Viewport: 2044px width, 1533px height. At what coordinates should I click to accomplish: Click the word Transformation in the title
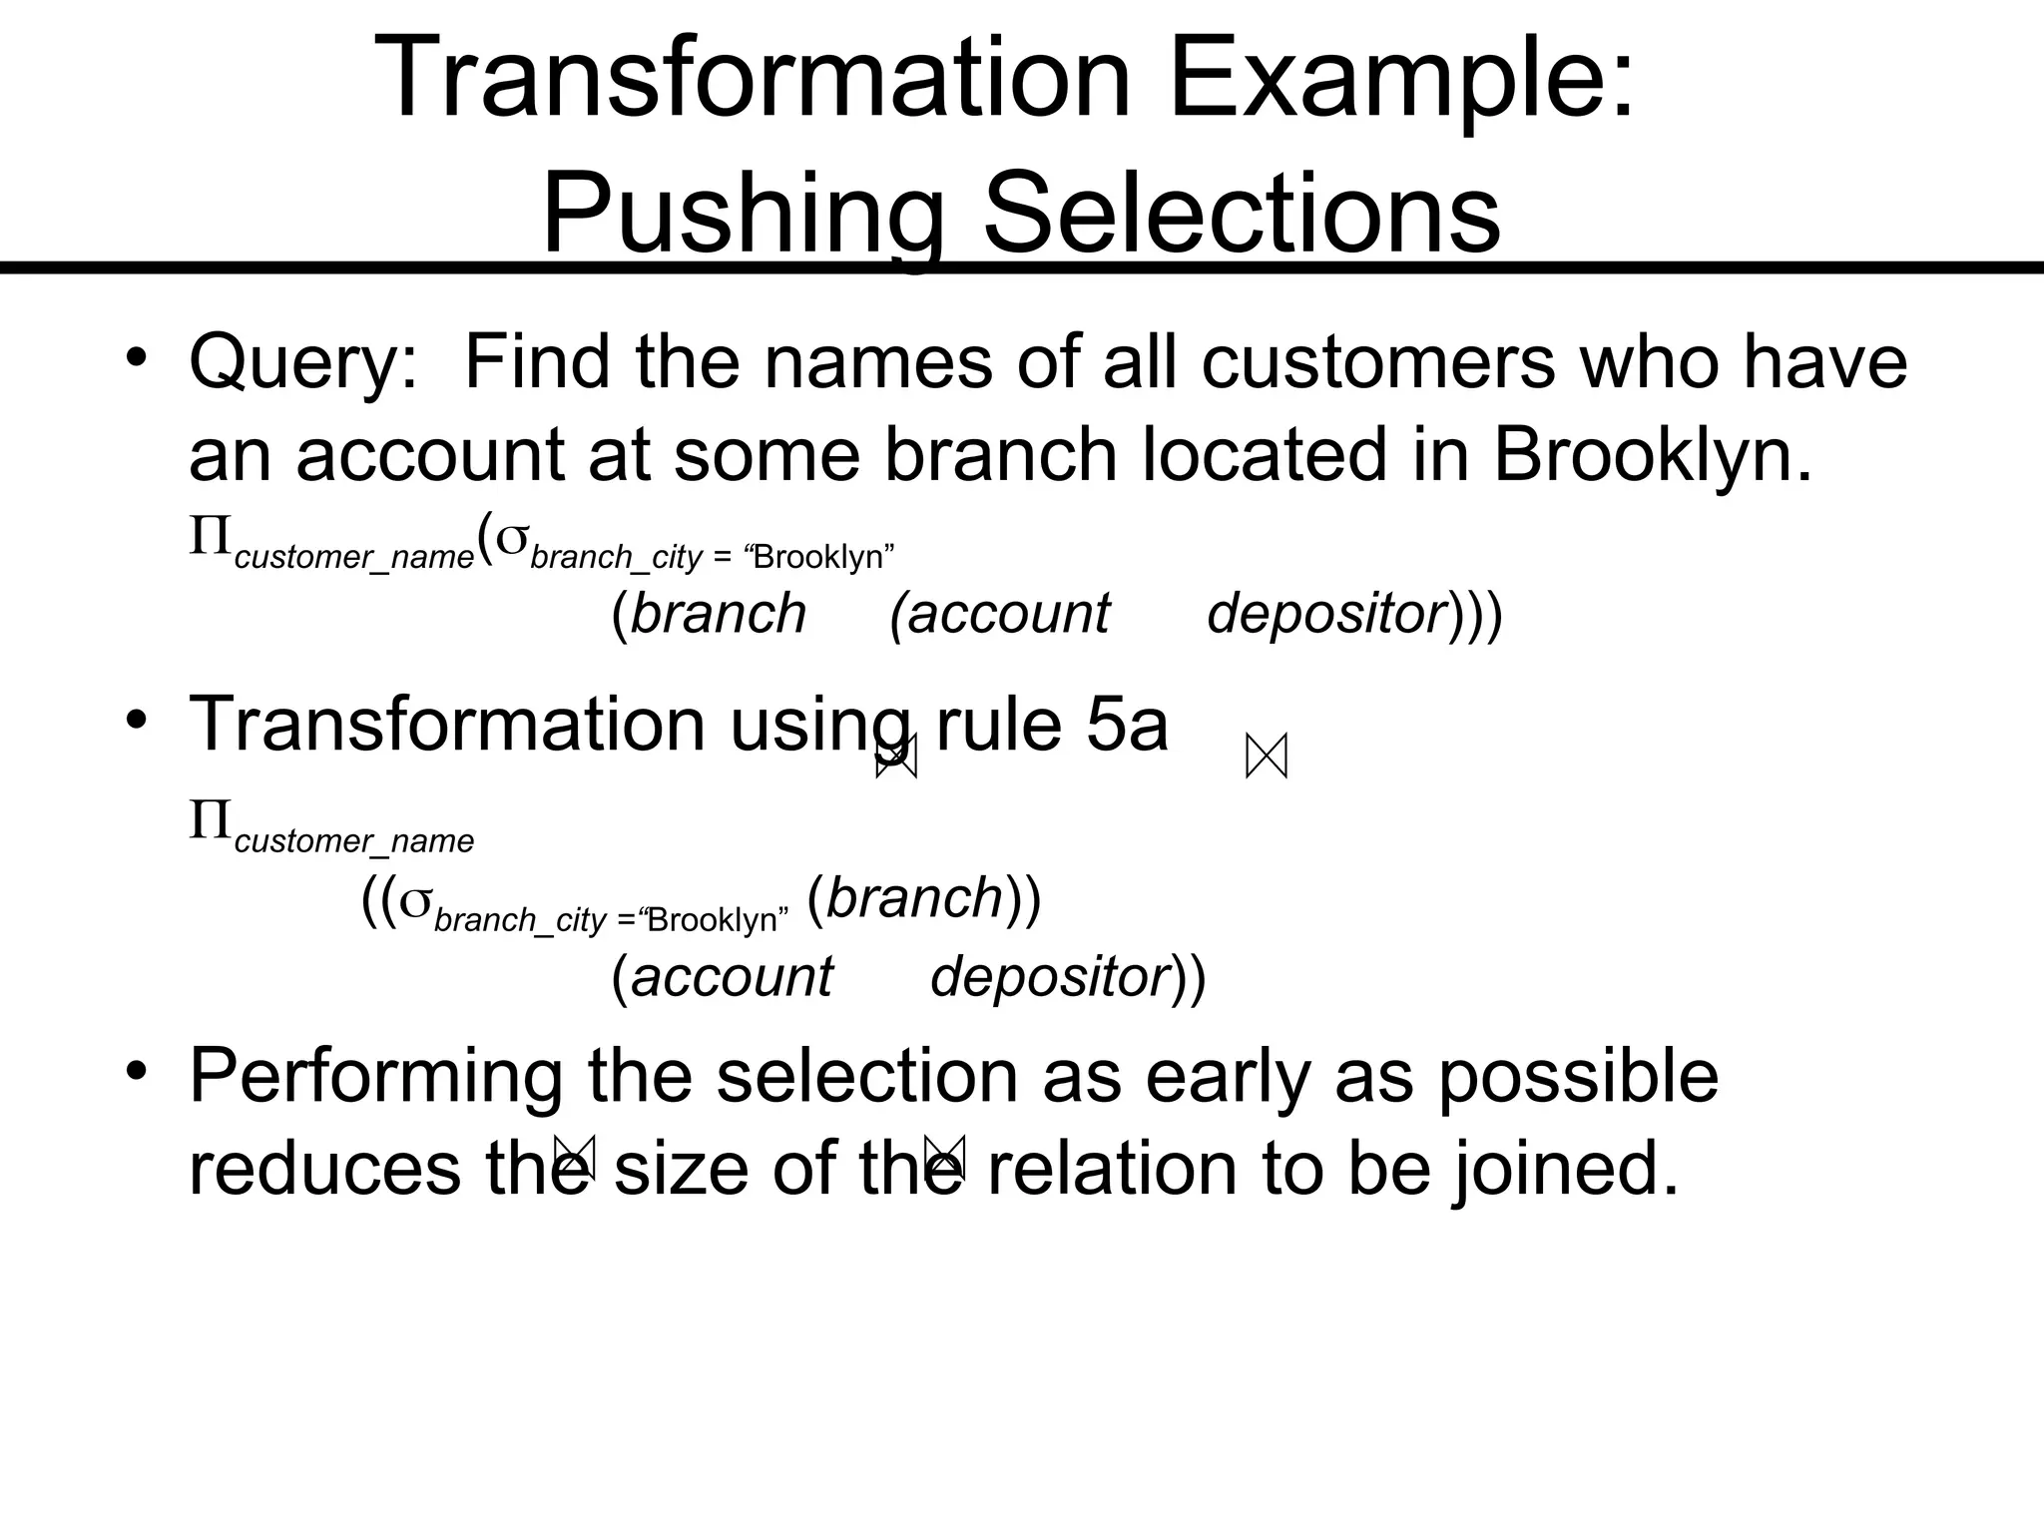(x=754, y=78)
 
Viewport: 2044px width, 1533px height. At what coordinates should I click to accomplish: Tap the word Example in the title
(x=1401, y=78)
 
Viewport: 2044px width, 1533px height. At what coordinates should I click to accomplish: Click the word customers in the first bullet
(x=1377, y=361)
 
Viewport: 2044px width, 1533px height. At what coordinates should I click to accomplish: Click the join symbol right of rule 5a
(x=1267, y=757)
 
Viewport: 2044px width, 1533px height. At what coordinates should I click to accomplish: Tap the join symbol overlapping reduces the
(x=575, y=1158)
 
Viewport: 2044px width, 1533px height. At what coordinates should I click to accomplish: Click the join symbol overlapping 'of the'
(x=944, y=1158)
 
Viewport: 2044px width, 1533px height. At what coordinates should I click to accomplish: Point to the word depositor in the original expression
(x=1326, y=613)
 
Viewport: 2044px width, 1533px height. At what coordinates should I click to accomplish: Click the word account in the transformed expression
(x=732, y=976)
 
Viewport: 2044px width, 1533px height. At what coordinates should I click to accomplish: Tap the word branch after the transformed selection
(x=914, y=898)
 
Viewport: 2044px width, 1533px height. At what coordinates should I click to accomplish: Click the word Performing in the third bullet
(x=375, y=1078)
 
